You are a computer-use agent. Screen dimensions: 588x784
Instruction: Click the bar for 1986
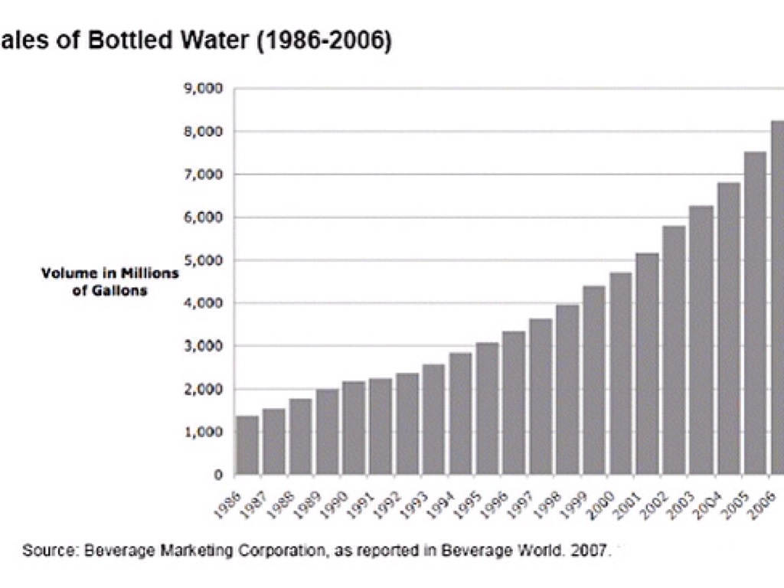(x=247, y=445)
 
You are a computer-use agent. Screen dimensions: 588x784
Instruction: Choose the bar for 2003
(x=701, y=340)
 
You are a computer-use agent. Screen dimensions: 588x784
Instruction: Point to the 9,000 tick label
(x=203, y=89)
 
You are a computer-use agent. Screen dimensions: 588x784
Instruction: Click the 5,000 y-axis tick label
(x=203, y=260)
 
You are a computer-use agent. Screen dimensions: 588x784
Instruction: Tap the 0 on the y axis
(x=218, y=475)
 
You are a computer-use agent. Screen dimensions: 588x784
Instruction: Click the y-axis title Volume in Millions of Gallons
(x=109, y=282)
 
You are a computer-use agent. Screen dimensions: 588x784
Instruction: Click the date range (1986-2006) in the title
(x=325, y=40)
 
